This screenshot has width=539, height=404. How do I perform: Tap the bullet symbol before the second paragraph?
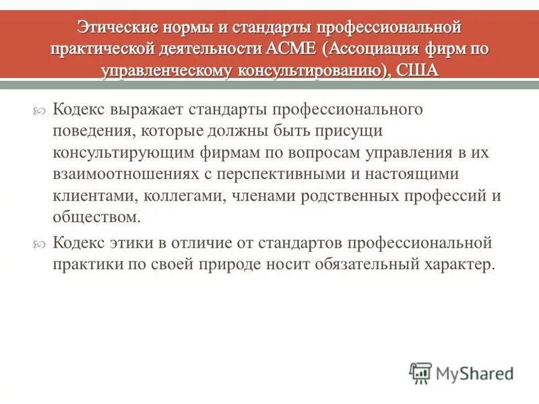click(40, 243)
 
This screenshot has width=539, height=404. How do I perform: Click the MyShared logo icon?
click(420, 372)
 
